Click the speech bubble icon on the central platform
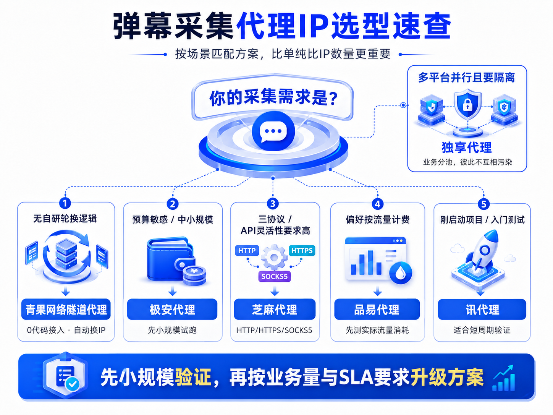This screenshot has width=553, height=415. click(x=273, y=131)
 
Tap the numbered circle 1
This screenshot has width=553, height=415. click(x=65, y=203)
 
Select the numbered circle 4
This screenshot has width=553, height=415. click(x=377, y=204)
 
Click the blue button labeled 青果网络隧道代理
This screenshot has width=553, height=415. click(x=66, y=309)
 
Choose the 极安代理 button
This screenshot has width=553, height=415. click(x=172, y=309)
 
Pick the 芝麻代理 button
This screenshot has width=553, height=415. click(x=275, y=309)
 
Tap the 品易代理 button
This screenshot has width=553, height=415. click(x=377, y=309)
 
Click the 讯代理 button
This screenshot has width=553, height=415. click(x=482, y=309)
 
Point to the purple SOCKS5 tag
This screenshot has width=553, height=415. click(x=275, y=276)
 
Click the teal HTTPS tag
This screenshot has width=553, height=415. click(x=302, y=250)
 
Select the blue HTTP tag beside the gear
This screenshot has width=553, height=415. click(x=247, y=250)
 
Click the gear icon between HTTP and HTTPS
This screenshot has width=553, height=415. click(x=274, y=257)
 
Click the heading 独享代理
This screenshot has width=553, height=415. click(x=467, y=148)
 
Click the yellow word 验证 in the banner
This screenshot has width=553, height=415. click(x=193, y=377)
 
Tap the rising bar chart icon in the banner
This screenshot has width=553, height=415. click(x=503, y=378)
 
